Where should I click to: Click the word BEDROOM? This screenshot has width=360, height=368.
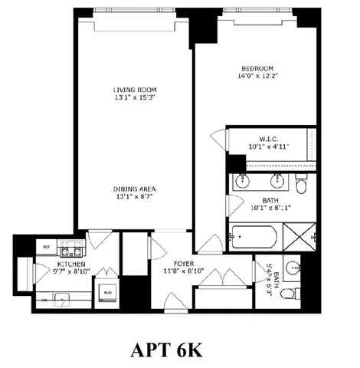tap(256, 67)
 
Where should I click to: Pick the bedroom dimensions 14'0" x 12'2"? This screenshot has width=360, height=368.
tap(256, 76)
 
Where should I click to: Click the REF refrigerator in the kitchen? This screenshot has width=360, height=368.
tap(47, 247)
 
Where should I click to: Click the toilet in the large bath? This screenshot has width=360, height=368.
tap(301, 185)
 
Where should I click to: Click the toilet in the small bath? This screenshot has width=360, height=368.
tap(289, 293)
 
